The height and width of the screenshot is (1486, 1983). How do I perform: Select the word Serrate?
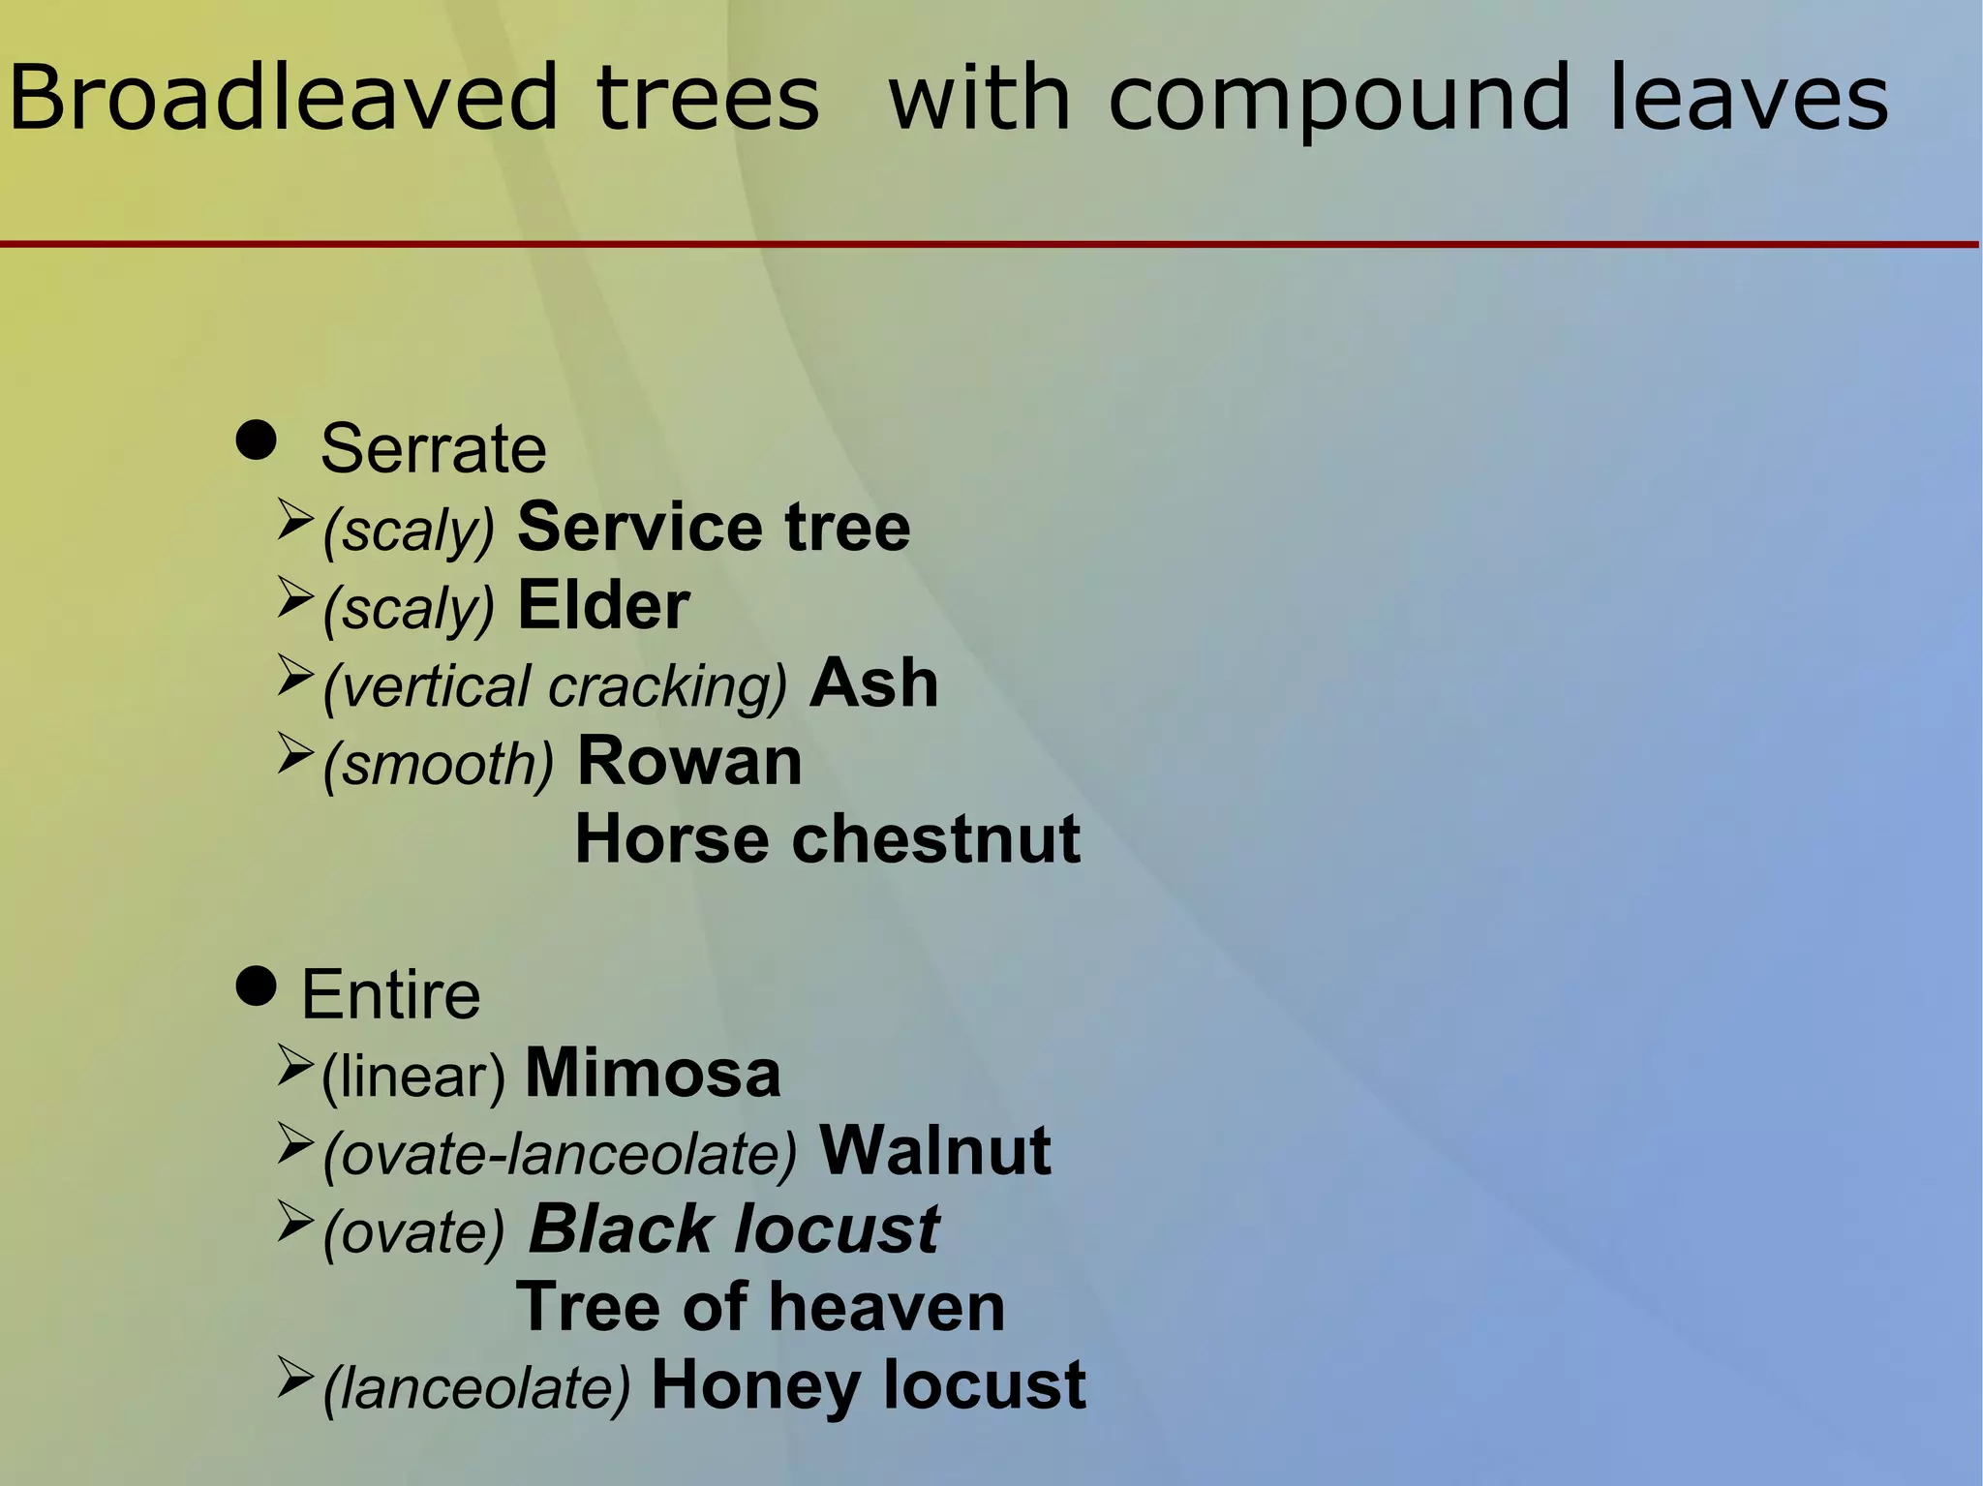(433, 449)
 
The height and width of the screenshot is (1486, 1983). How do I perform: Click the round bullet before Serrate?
(256, 441)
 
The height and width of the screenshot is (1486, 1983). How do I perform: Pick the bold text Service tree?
(714, 528)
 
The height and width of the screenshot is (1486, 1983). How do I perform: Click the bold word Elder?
(603, 606)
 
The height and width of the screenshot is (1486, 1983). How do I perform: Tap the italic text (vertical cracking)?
(555, 686)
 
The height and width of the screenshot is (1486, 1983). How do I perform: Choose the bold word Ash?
(873, 683)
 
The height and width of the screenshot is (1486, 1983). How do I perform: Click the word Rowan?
(689, 762)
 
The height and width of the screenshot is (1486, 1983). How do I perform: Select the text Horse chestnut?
(827, 839)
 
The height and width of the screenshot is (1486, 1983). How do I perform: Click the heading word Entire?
(390, 995)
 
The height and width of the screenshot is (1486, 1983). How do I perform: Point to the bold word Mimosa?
(652, 1074)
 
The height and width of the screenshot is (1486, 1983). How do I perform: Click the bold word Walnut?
(934, 1151)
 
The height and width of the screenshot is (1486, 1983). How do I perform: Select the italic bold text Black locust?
(733, 1229)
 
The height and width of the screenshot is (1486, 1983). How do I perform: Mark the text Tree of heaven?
(760, 1308)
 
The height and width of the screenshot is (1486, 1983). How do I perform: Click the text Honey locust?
(869, 1385)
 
